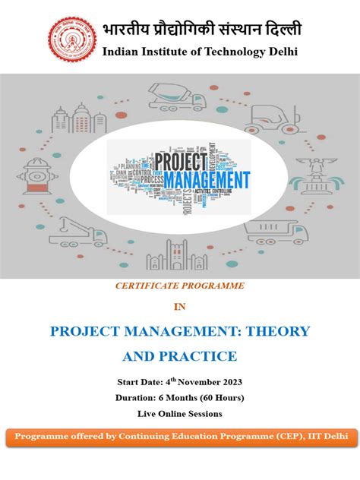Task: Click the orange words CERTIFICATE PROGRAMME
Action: pos(180,286)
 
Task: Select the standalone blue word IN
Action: pos(179,307)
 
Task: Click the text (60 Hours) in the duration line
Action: pos(216,397)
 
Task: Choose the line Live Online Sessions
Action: pos(179,413)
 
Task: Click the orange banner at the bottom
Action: pos(180,438)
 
